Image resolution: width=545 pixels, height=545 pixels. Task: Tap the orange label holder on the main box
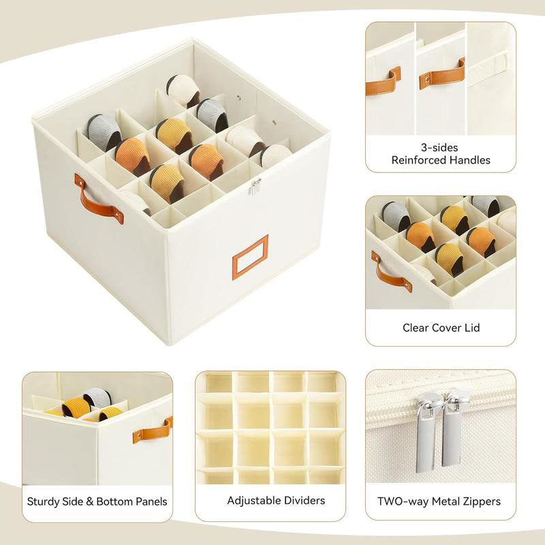click(250, 257)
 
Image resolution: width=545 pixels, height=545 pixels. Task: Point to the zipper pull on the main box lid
click(255, 186)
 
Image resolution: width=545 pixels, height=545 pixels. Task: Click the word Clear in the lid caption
click(416, 328)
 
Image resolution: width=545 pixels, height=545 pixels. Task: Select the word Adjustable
click(251, 501)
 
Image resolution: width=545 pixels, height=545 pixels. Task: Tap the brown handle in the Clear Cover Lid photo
click(391, 272)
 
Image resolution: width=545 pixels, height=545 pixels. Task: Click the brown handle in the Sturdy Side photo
click(153, 429)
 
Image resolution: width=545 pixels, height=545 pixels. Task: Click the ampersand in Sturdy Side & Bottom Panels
click(91, 501)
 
